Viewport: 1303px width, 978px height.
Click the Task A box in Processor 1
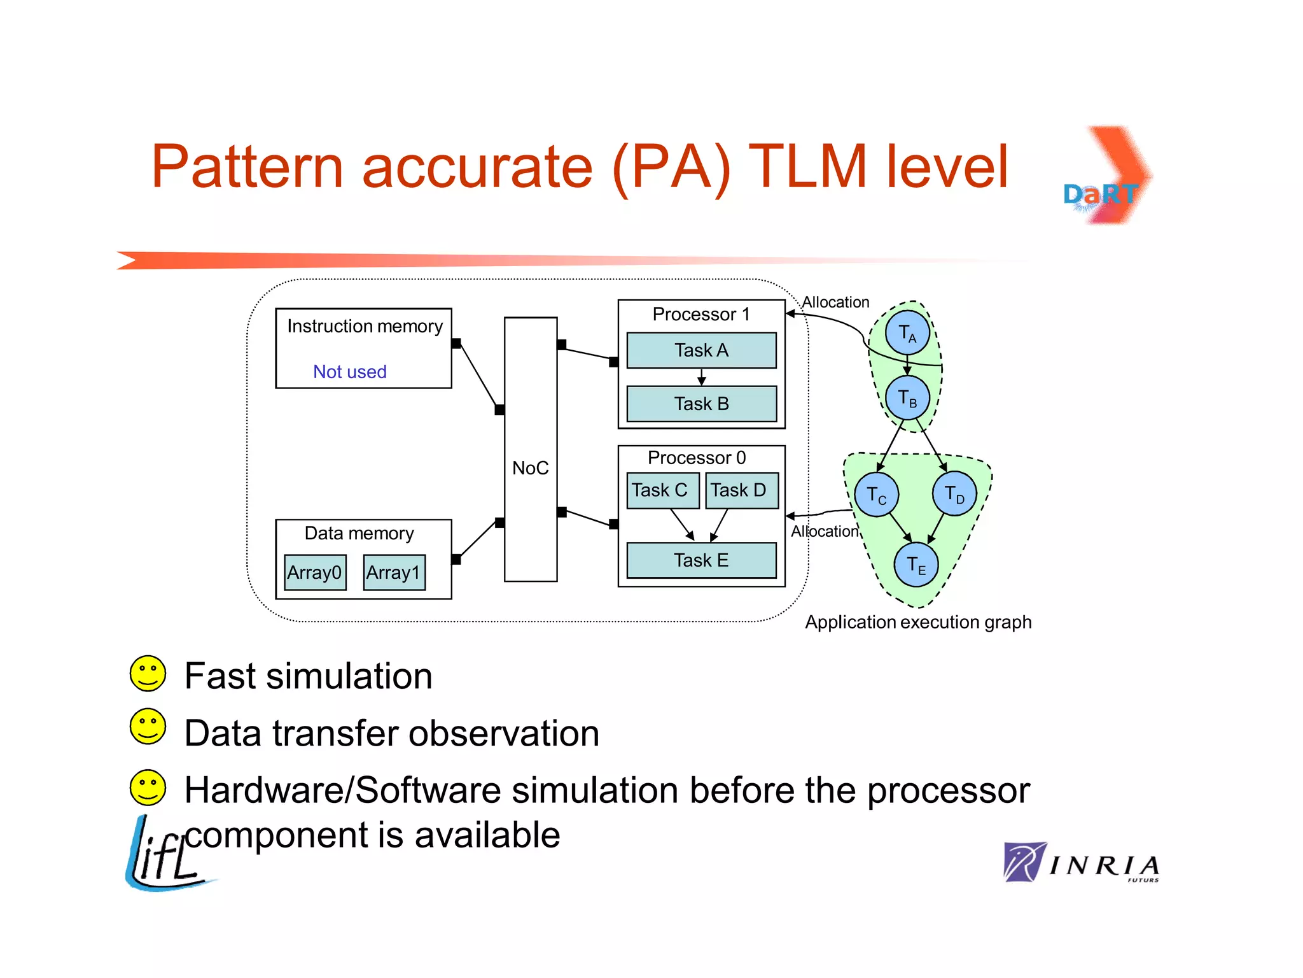click(x=701, y=350)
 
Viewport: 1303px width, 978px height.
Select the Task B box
click(x=701, y=404)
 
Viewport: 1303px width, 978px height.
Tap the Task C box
click(x=662, y=490)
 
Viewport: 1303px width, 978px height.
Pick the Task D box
click(x=741, y=490)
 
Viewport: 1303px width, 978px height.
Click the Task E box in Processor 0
click(x=701, y=560)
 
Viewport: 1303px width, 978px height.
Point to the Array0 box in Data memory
click(x=315, y=572)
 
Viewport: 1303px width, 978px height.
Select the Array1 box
click(x=394, y=572)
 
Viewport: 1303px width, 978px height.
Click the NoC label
click(x=530, y=468)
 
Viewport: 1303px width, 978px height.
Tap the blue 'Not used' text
click(x=349, y=372)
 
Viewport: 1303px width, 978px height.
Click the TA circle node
click(x=907, y=332)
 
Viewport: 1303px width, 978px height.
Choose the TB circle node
click(x=907, y=398)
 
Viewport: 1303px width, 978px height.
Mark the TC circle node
click(x=877, y=495)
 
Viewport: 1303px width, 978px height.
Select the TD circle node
click(x=954, y=493)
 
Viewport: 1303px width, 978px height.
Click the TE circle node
click(x=916, y=564)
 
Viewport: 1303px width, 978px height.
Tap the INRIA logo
click(x=1082, y=863)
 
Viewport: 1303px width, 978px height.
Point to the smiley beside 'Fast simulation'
click(x=148, y=674)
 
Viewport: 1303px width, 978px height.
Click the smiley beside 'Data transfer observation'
click(x=148, y=726)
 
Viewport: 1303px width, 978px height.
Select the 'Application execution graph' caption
click(x=918, y=622)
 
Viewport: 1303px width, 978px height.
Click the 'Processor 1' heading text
click(x=701, y=314)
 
